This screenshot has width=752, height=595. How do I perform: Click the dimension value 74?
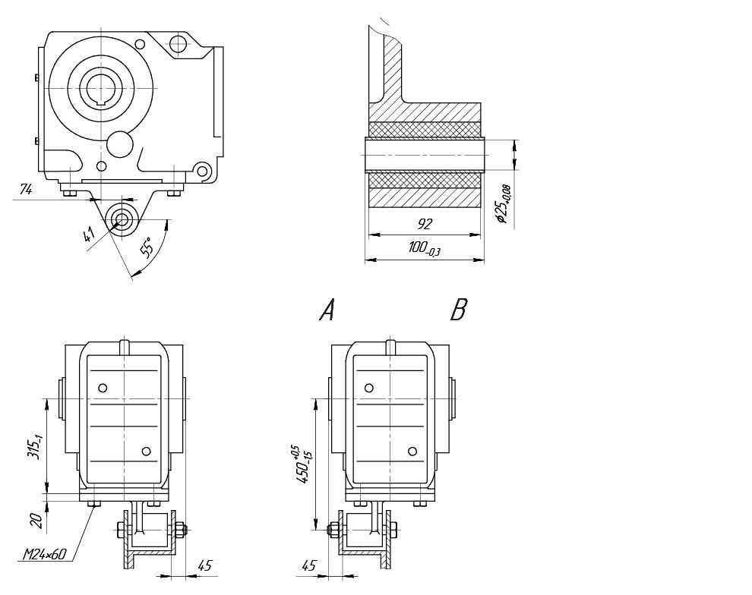pos(26,190)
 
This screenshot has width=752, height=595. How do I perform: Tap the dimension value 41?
pos(90,235)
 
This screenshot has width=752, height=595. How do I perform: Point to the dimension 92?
pos(424,225)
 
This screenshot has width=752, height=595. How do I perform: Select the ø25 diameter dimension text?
pos(502,203)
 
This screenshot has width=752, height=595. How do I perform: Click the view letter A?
pos(327,310)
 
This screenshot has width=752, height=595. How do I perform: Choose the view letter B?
pos(458,310)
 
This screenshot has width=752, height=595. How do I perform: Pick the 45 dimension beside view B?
pos(308,565)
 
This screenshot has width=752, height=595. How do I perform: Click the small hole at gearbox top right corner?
pos(177,43)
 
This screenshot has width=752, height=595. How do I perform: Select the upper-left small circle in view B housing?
pos(369,388)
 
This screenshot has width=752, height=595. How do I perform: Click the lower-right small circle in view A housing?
pos(147,452)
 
